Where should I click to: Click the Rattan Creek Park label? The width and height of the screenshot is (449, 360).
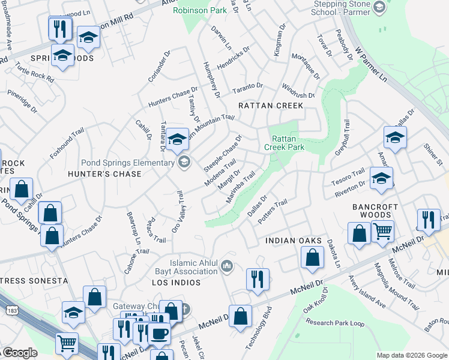[285, 143]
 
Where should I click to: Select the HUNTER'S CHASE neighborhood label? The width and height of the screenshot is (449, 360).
[104, 174]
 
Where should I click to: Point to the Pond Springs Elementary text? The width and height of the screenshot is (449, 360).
[128, 163]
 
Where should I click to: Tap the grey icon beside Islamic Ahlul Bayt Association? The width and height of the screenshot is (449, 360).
[227, 266]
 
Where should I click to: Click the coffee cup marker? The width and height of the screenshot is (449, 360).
[159, 334]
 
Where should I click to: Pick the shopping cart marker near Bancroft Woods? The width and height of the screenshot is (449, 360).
[382, 230]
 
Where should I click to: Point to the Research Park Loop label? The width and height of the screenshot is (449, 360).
[336, 323]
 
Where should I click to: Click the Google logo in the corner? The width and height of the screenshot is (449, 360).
[20, 353]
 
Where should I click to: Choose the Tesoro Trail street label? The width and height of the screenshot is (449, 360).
[348, 173]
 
